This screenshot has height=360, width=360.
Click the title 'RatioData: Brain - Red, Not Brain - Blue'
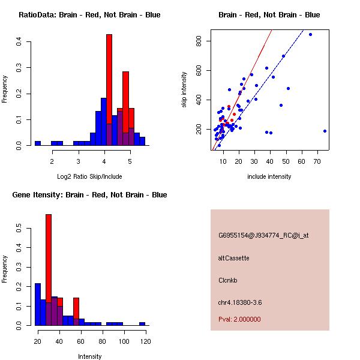[x=89, y=15]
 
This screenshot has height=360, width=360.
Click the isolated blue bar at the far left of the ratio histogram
[x=37, y=143]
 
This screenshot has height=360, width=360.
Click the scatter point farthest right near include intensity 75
[x=325, y=131]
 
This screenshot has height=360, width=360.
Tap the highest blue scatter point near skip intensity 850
[x=310, y=34]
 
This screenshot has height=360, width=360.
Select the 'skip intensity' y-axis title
[x=185, y=90]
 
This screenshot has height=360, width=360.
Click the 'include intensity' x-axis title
[x=269, y=176]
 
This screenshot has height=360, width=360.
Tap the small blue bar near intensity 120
[x=142, y=323]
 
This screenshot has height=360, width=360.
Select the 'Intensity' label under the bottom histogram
[x=90, y=356]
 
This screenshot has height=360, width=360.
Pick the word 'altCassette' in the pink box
[x=233, y=258]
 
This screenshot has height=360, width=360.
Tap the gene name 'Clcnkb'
[x=228, y=280]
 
